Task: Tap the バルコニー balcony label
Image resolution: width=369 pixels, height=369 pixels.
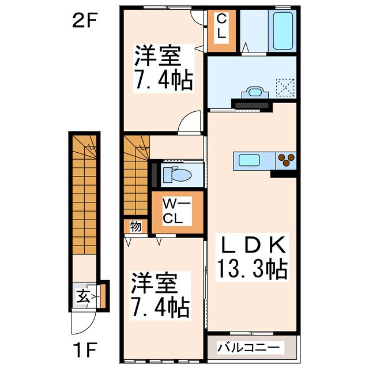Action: click(251, 348)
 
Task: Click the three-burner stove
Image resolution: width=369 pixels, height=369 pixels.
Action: click(286, 160)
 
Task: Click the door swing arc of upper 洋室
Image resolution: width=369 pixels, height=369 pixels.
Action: click(187, 123)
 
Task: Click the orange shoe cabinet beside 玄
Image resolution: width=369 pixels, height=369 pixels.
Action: click(103, 295)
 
